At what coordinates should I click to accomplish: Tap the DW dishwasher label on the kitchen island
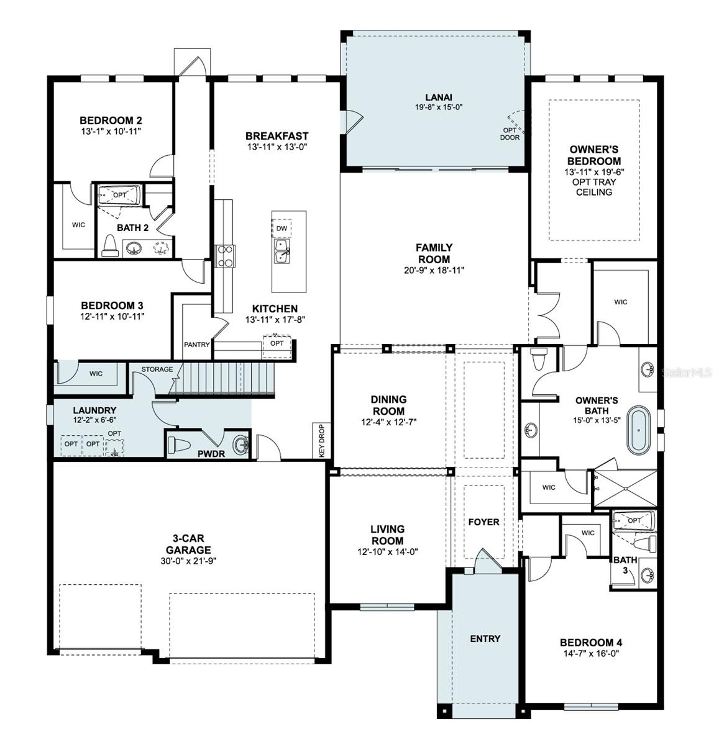coord(281,228)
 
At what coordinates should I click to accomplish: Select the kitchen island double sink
coord(282,251)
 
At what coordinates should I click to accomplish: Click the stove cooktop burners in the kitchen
coord(225,256)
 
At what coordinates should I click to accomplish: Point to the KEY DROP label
coord(321,441)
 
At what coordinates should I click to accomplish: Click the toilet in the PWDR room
coord(180,445)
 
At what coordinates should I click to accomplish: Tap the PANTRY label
coord(196,345)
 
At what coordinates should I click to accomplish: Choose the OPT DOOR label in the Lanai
coord(510,134)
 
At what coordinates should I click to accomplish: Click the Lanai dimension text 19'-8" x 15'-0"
coord(439,107)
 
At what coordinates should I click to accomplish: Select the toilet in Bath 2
coord(109,246)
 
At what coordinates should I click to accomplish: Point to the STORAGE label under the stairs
coord(157,369)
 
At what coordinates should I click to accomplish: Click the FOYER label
coord(483,522)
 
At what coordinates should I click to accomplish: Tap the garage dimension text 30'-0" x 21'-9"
coord(188,561)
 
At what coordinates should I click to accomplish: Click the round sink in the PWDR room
coord(240,445)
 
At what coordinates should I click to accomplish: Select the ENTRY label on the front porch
coord(485,639)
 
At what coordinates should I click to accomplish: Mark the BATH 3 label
coord(626,565)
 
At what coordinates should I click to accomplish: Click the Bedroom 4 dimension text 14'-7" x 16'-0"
coord(592,654)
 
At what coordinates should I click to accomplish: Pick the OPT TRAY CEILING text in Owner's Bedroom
coord(594,187)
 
